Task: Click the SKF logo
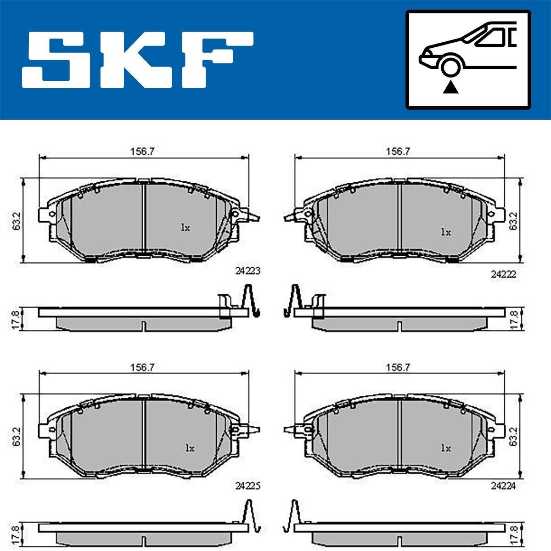[x=138, y=60]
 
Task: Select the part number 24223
[x=248, y=270]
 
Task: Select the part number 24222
[x=504, y=275]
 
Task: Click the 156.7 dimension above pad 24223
[x=142, y=152]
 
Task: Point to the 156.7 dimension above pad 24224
[x=398, y=367]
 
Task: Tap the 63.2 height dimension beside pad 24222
[x=513, y=220]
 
